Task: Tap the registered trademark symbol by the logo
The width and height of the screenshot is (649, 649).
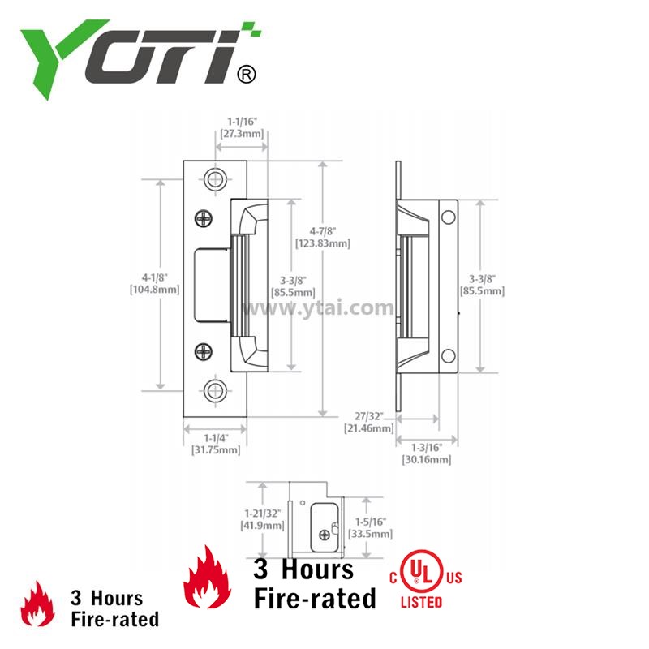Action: coord(247,75)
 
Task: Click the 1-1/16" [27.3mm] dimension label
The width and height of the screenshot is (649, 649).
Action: coord(242,127)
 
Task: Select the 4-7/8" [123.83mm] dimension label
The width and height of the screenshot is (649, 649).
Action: coord(322,237)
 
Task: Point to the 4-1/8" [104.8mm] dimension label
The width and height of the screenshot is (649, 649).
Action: coord(155,283)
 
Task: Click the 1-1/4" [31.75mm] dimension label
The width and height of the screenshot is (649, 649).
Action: coord(216,444)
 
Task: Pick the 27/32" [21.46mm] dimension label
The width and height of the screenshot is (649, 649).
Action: coord(369,422)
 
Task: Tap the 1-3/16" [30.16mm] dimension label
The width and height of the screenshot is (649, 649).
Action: coord(427,453)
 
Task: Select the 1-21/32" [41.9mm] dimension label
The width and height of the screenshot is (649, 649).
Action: coord(262,519)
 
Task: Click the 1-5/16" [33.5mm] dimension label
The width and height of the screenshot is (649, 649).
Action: coord(370,528)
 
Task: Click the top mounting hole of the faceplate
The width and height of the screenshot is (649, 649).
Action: coord(215,179)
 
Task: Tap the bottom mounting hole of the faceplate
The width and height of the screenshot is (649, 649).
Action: coord(215,390)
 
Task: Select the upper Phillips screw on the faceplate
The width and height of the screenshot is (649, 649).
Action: coord(204,218)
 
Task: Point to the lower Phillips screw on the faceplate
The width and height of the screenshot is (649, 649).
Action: coord(204,352)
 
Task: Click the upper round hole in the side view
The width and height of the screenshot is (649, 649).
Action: coord(449,217)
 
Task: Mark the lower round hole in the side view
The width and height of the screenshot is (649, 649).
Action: coord(449,355)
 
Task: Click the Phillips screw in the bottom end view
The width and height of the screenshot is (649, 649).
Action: coord(324,535)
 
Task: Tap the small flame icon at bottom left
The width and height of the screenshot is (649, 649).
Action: coord(37,604)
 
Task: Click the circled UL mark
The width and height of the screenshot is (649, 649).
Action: coord(421,572)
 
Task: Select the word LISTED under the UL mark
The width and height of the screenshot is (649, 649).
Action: coord(421,602)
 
